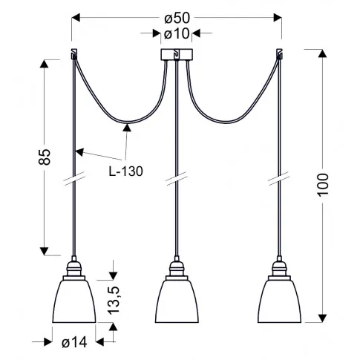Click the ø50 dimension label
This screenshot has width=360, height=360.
pyautogui.click(x=177, y=16)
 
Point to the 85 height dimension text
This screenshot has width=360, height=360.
pyautogui.click(x=45, y=156)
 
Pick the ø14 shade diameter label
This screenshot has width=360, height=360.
pyautogui.click(x=74, y=342)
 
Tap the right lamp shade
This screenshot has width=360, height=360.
pyautogui.click(x=281, y=301)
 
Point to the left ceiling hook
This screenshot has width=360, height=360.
pyautogui.click(x=73, y=53)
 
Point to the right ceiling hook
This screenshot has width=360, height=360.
pyautogui.click(x=281, y=53)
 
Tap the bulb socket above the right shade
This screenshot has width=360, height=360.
pyautogui.click(x=281, y=268)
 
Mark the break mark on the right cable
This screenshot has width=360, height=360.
pyautogui.click(x=281, y=178)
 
